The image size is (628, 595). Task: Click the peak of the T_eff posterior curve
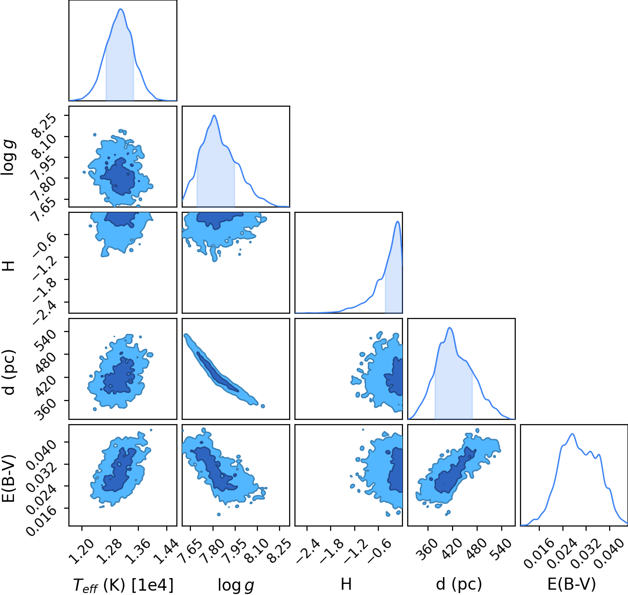point(121,9)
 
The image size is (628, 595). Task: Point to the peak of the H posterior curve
point(398,221)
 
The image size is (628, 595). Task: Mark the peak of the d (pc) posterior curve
point(450,328)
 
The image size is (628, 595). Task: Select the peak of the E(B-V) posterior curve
point(573,434)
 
